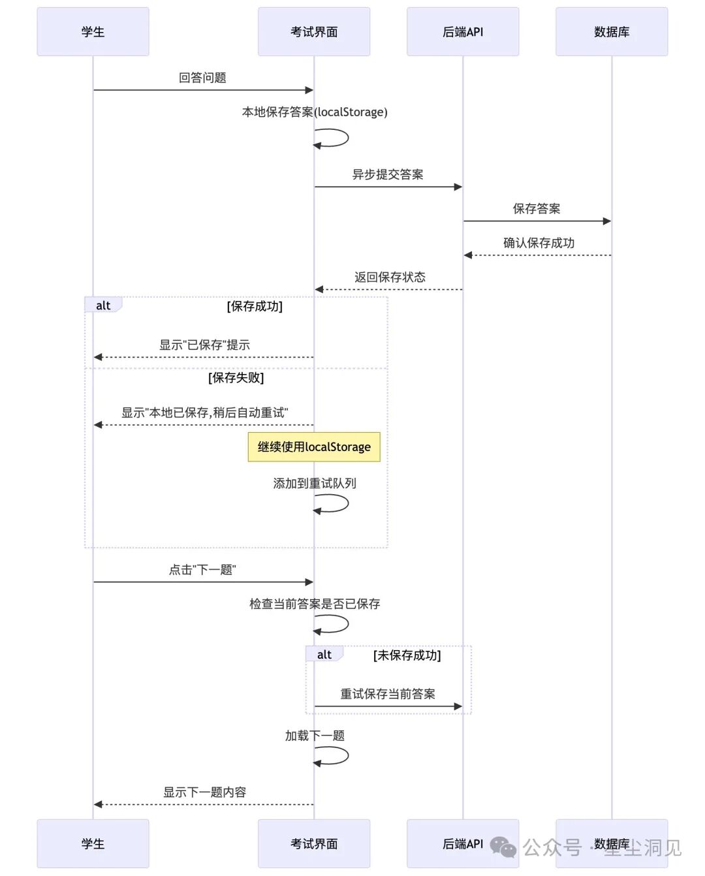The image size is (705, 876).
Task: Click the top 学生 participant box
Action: pyautogui.click(x=93, y=32)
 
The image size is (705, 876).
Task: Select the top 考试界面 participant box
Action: pyautogui.click(x=314, y=32)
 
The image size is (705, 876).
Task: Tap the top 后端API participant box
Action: pyautogui.click(x=463, y=32)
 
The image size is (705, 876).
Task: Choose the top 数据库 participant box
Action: pyautogui.click(x=612, y=32)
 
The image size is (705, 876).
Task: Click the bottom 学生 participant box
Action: pyautogui.click(x=93, y=843)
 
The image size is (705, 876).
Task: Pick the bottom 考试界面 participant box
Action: pyautogui.click(x=314, y=843)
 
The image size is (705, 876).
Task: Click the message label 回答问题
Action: pyautogui.click(x=202, y=78)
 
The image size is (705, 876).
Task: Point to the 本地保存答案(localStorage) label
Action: pyautogui.click(x=315, y=112)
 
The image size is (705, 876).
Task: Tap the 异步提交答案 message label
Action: pyautogui.click(x=388, y=174)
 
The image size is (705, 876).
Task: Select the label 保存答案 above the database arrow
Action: pyautogui.click(x=537, y=209)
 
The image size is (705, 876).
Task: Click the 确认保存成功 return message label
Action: pyautogui.click(x=539, y=243)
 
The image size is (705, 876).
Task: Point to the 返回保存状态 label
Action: pyautogui.click(x=390, y=277)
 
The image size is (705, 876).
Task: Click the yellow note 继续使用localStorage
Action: pyautogui.click(x=314, y=447)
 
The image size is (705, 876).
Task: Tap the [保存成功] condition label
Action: pyautogui.click(x=255, y=306)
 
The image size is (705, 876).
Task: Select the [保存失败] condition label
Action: pyautogui.click(x=236, y=378)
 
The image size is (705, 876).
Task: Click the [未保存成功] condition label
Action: pyautogui.click(x=407, y=655)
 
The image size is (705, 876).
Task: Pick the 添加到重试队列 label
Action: pyautogui.click(x=315, y=484)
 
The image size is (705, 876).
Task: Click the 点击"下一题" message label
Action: pyautogui.click(x=202, y=570)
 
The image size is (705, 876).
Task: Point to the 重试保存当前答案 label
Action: pyautogui.click(x=388, y=694)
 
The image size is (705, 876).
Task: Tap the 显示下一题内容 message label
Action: pyautogui.click(x=204, y=792)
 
